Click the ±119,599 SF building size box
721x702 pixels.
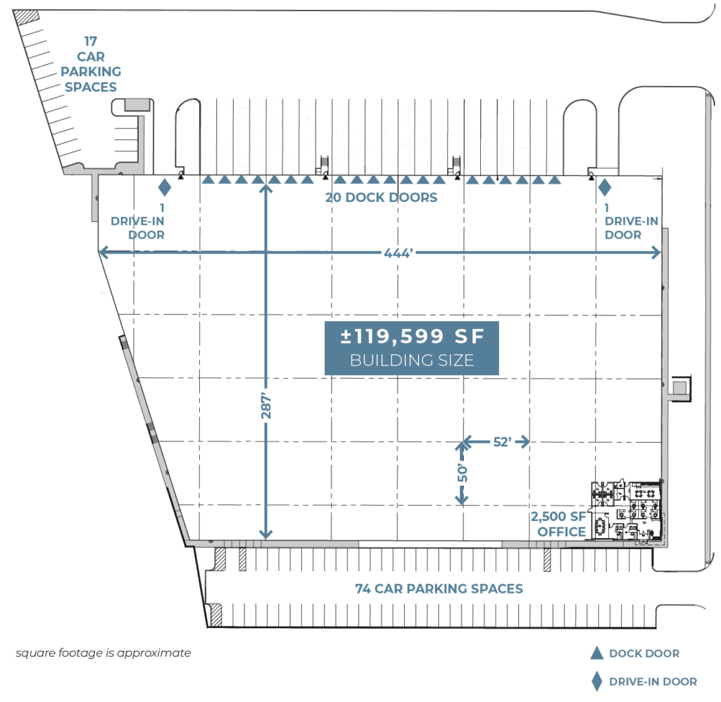pos(411,348)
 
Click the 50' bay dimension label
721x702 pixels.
pos(463,472)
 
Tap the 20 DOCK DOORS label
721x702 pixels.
pos(381,198)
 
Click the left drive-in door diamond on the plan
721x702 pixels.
pos(164,187)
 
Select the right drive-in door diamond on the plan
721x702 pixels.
pos(604,188)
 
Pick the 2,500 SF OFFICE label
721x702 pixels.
pos(562,525)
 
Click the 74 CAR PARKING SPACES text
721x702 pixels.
pos(439,589)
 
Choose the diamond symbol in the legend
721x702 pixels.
pos(596,681)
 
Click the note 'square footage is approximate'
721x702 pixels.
pos(103,653)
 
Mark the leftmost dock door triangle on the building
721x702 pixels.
pos(208,180)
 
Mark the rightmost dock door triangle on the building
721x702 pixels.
pos(555,180)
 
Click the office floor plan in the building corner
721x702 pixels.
pos(627,511)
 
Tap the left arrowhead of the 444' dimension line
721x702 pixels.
pos(103,252)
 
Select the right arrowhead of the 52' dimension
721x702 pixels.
pos(525,442)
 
